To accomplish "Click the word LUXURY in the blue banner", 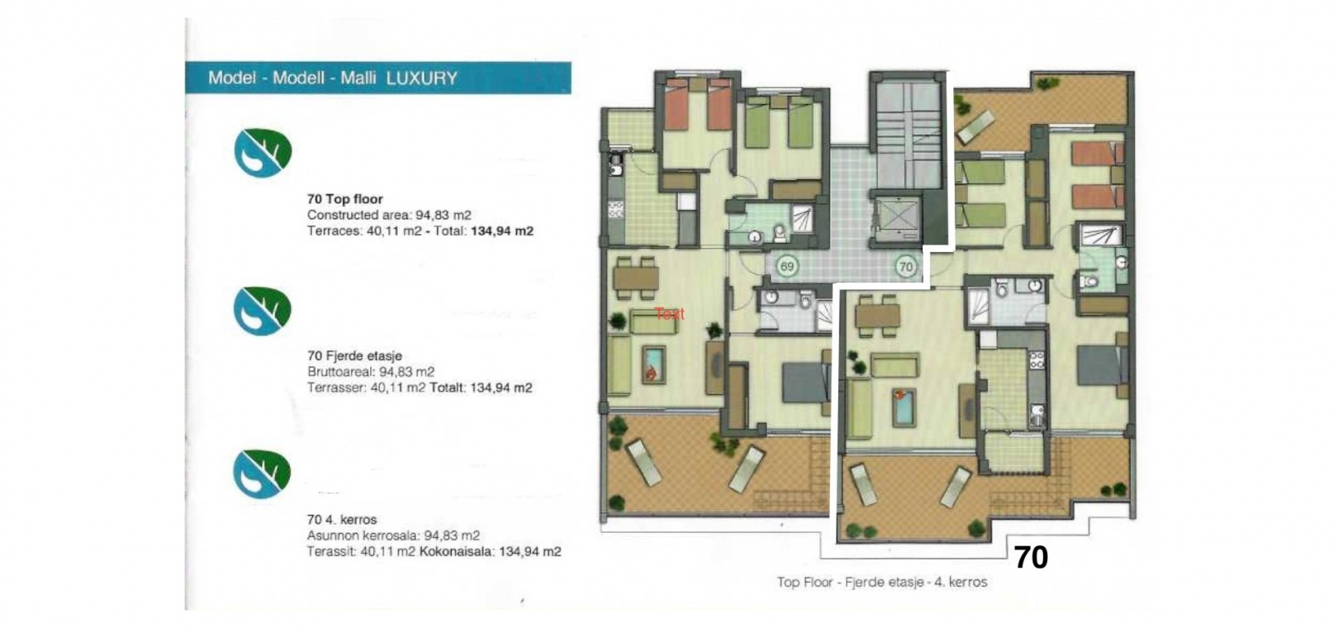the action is pos(422,78).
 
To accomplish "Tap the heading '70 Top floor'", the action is pos(344,199).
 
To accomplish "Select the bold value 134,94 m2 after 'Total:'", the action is pos(502,231).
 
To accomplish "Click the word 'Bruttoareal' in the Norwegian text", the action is pos(340,372).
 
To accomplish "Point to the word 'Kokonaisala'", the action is pos(457,551).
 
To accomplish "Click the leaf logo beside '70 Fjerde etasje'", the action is pos(262,312).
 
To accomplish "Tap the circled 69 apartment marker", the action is pos(787,267).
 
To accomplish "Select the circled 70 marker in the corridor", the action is pos(906,267).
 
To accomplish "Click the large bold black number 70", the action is pos(1031,558).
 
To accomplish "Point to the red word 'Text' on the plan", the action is pos(669,314).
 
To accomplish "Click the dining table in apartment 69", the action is pos(636,278).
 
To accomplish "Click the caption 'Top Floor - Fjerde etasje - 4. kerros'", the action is pos(881,582).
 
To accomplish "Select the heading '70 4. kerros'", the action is pos(342,520).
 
